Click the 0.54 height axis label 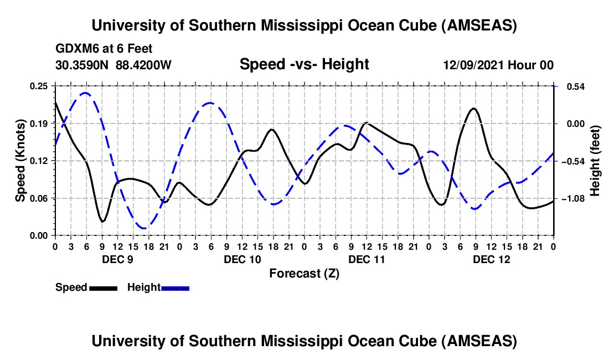(572, 86)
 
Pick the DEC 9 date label (117, 259)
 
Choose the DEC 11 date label (367, 259)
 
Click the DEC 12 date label (491, 259)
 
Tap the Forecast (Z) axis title (304, 273)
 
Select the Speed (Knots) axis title (20, 161)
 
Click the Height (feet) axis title (595, 161)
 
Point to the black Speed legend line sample (103, 288)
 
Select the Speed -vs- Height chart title (304, 65)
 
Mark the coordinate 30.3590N (82, 65)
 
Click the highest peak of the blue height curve (86, 93)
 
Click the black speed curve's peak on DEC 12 (473, 109)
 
